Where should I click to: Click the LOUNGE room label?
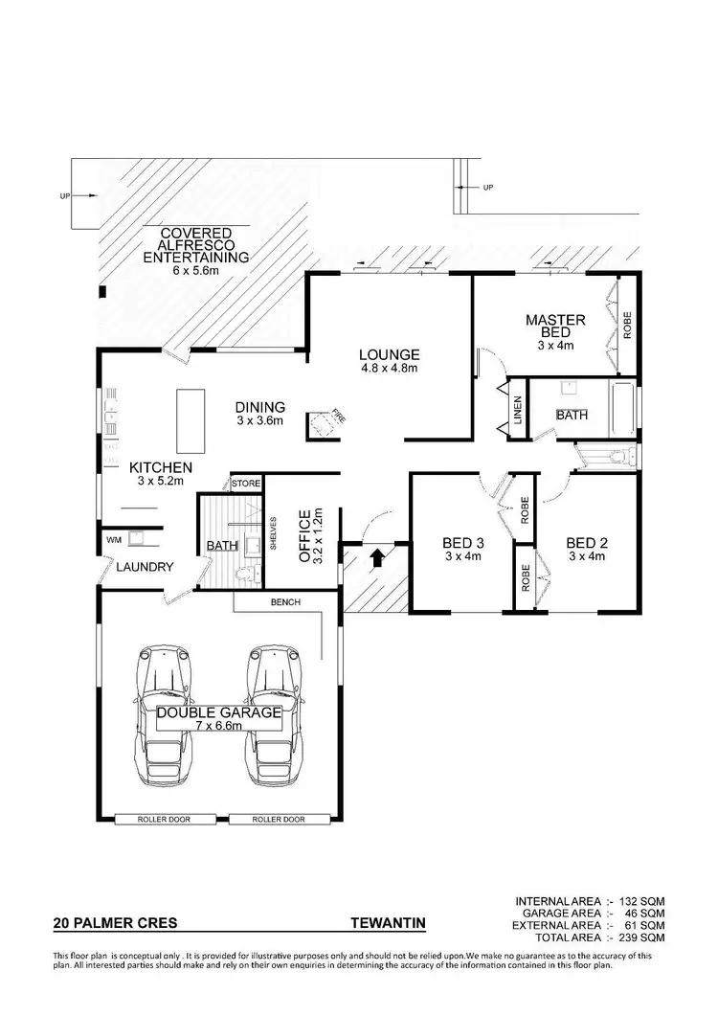pyautogui.click(x=390, y=354)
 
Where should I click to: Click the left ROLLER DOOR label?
pyautogui.click(x=168, y=820)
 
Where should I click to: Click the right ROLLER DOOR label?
pyautogui.click(x=279, y=820)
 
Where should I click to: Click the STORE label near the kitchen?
pyautogui.click(x=246, y=485)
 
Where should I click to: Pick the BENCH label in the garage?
pyautogui.click(x=285, y=602)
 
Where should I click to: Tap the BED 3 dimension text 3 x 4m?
pyautogui.click(x=463, y=555)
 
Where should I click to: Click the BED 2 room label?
pyautogui.click(x=587, y=542)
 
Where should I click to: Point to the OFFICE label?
pyautogui.click(x=304, y=533)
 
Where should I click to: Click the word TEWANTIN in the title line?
pyautogui.click(x=388, y=924)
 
